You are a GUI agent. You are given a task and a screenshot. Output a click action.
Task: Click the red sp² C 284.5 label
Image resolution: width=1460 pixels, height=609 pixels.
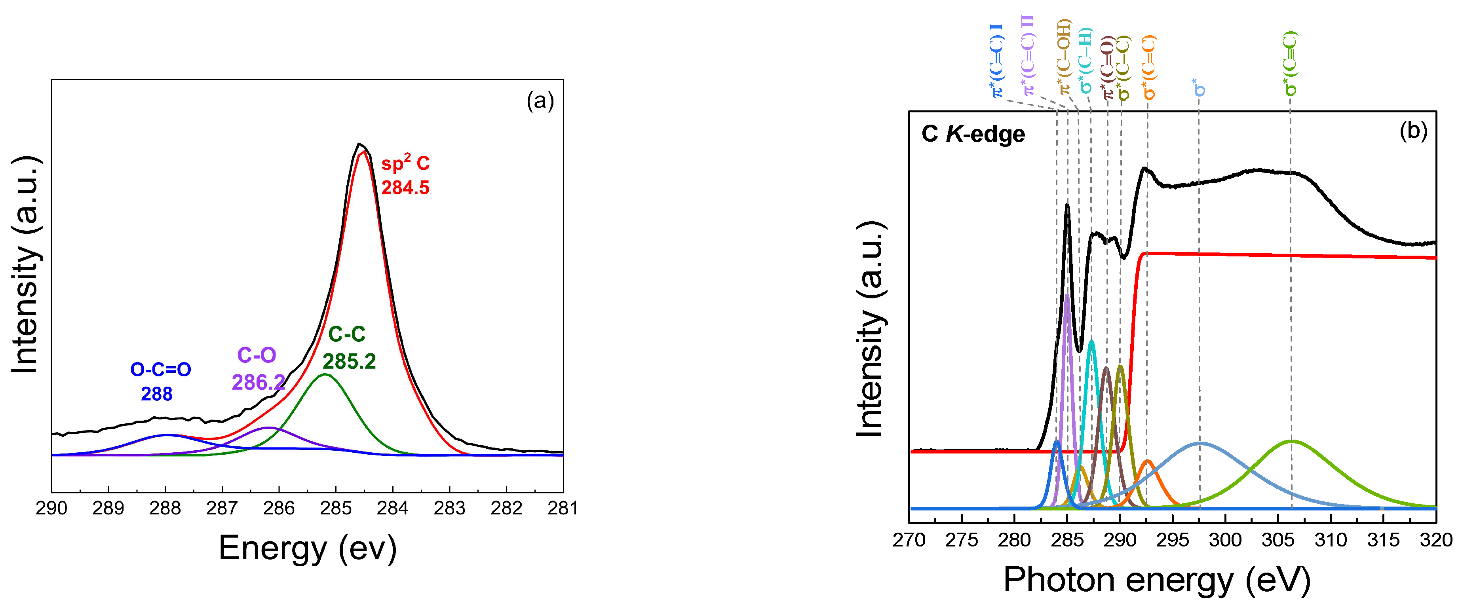(x=405, y=176)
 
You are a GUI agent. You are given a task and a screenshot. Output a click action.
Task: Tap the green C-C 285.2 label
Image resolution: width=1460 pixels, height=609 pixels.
(x=348, y=348)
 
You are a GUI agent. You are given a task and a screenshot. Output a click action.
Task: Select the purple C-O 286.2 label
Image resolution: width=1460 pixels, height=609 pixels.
(x=257, y=369)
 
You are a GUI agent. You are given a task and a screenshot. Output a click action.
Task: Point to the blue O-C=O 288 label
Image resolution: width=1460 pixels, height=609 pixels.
(x=160, y=381)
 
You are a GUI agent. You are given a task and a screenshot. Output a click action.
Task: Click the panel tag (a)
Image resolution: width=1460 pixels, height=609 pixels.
(x=540, y=101)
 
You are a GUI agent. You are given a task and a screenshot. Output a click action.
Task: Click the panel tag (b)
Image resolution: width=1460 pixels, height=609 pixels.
(x=1413, y=131)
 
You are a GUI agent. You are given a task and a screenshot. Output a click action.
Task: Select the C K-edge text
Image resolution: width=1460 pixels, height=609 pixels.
(x=973, y=134)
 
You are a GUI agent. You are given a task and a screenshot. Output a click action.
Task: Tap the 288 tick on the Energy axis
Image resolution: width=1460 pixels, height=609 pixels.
(x=165, y=508)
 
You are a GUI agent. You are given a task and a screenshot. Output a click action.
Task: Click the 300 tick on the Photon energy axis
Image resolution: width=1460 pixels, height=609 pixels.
(x=1225, y=540)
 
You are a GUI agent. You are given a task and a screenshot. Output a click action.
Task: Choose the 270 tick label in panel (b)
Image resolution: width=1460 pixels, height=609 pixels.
(x=909, y=540)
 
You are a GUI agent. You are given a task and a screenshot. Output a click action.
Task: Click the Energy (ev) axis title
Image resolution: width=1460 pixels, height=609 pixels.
(x=307, y=548)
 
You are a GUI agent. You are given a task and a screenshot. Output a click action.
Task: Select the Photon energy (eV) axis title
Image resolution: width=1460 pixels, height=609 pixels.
(x=1157, y=580)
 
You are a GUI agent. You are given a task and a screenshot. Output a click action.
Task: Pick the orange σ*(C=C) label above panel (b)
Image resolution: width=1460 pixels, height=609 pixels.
(x=1148, y=67)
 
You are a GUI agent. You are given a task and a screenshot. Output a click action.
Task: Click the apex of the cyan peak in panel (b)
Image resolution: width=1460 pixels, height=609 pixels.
(x=1091, y=340)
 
